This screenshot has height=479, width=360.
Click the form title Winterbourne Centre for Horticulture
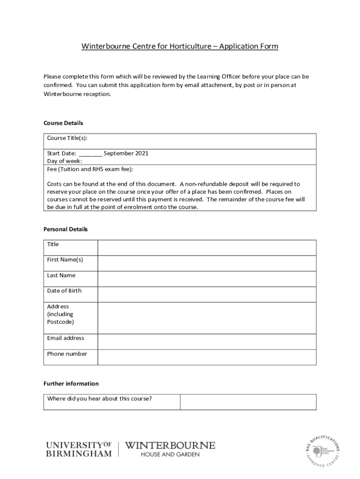(180, 46)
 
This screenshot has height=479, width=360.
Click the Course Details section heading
(63, 123)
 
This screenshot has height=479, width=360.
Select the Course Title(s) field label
(67, 138)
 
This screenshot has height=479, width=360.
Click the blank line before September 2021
(90, 153)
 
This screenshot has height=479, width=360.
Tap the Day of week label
(65, 161)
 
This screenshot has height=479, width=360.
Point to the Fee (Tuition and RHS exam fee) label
(90, 169)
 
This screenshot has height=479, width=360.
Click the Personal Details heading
(65, 229)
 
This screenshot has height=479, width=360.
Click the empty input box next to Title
(207, 247)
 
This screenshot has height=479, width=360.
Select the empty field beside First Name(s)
(207, 263)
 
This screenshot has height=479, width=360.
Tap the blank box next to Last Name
(207, 279)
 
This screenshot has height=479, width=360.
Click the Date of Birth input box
(207, 294)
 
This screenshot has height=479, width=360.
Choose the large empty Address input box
(207, 318)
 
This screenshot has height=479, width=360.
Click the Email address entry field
(207, 341)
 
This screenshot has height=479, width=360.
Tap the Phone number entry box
(207, 357)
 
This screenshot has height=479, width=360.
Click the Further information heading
(71, 384)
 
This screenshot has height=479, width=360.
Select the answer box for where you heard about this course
(248, 402)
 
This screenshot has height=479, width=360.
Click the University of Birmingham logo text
(79, 449)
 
